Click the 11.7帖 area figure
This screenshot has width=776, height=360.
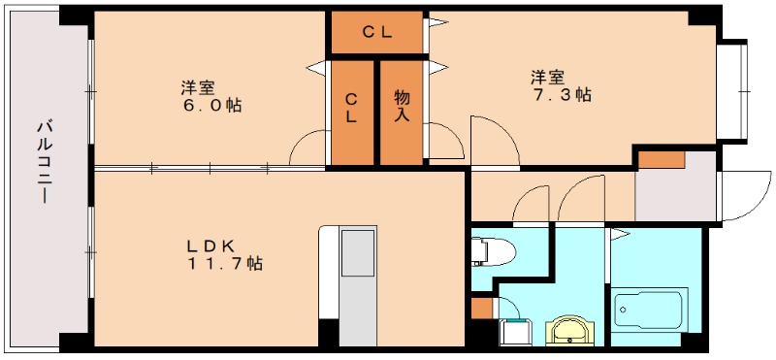tap(225, 263)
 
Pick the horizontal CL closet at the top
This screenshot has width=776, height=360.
tap(376, 33)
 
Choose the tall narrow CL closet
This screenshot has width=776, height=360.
tap(351, 113)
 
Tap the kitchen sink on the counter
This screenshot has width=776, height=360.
tap(360, 251)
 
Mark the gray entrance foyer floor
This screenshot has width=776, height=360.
tap(676, 194)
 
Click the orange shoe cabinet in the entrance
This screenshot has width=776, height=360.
tap(661, 158)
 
